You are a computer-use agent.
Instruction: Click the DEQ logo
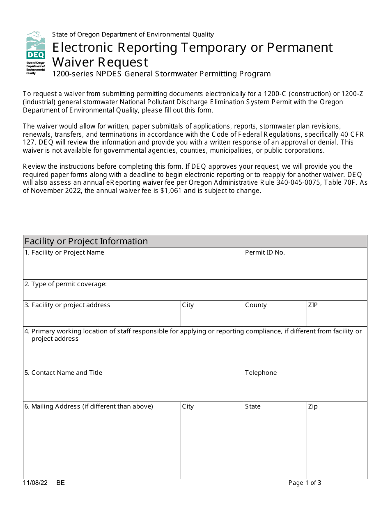pyautogui.click(x=35, y=53)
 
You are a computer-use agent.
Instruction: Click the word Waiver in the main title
pyautogui.click(x=72, y=62)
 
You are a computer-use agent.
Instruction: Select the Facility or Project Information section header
pyautogui.click(x=86, y=241)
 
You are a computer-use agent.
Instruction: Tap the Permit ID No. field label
pyautogui.click(x=265, y=252)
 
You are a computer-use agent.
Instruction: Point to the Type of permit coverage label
pyautogui.click(x=66, y=284)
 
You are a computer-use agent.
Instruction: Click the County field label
pyautogui.click(x=256, y=305)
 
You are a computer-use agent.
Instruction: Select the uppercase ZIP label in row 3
pyautogui.click(x=313, y=305)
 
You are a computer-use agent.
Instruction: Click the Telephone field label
pyautogui.click(x=261, y=373)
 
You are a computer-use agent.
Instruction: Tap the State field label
pyautogui.click(x=253, y=406)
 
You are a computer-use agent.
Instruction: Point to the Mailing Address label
pyautogui.click(x=89, y=406)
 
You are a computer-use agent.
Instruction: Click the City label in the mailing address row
pyautogui.click(x=188, y=406)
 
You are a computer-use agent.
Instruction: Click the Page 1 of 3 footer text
pyautogui.click(x=305, y=483)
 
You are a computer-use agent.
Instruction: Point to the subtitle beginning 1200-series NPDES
pyautogui.click(x=161, y=74)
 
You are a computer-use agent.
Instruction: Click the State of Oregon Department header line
pyautogui.click(x=133, y=34)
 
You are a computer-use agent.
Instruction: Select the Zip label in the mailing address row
pyautogui.click(x=313, y=406)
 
